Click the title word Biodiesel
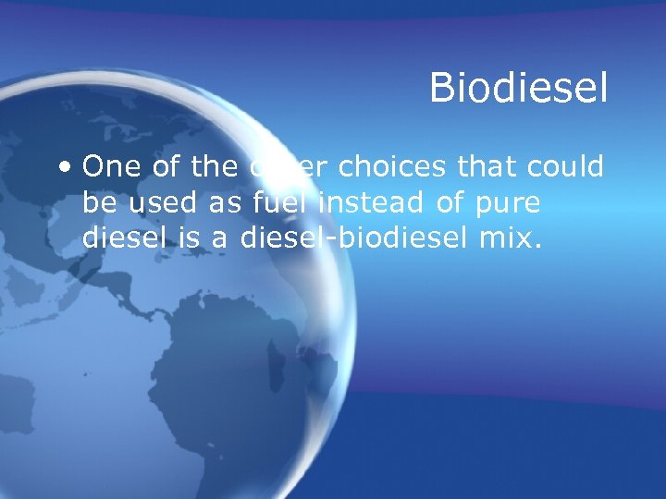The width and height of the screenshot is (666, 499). pyautogui.click(x=518, y=90)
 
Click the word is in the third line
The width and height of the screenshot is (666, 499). pyautogui.click(x=189, y=237)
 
